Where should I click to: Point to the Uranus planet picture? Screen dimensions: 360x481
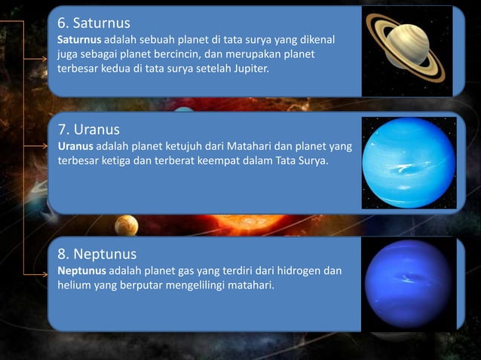click(x=409, y=162)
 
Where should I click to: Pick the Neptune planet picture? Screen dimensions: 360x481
click(x=408, y=283)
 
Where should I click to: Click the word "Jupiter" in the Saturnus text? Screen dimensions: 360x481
click(x=247, y=69)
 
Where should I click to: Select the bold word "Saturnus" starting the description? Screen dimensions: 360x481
click(x=78, y=38)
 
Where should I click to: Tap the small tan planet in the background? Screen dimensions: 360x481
click(x=127, y=224)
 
